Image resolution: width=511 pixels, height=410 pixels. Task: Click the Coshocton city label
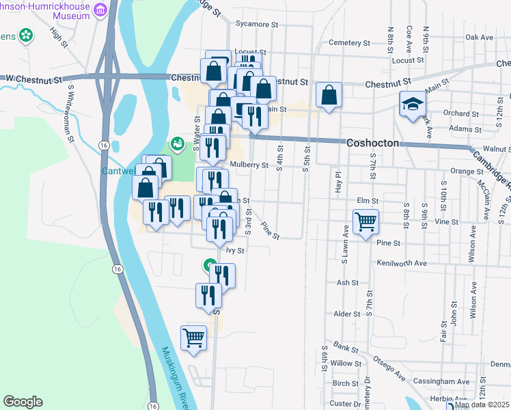(377, 143)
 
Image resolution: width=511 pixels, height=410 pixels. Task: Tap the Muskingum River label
(176, 377)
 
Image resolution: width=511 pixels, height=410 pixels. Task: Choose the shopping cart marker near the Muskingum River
(193, 338)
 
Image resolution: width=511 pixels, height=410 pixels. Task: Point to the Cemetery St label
(349, 42)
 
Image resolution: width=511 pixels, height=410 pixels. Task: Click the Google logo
(23, 402)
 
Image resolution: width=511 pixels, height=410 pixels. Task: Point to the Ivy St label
(235, 251)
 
